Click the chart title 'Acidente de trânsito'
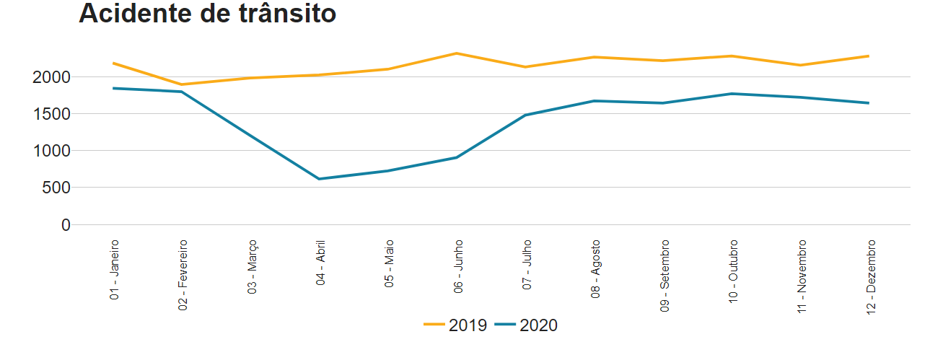point(207,13)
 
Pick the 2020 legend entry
point(527,325)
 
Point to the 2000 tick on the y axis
point(53,77)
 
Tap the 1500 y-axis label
point(53,114)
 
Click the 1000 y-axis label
point(53,151)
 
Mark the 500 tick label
point(58,188)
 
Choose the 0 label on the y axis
point(66,225)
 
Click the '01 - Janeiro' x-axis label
point(115,270)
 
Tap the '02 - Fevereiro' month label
point(183,275)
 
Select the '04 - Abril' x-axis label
point(321,263)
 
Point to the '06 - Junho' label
point(459,266)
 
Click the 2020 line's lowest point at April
point(320,179)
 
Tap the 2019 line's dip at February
point(182,84)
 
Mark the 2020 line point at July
point(526,115)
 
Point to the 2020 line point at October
point(732,94)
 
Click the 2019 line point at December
point(869,56)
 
